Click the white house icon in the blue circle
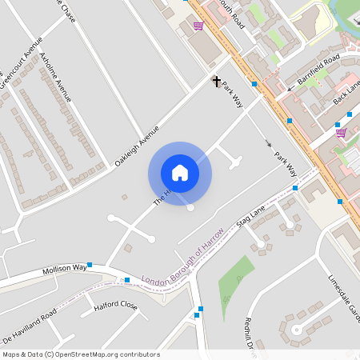point(179,172)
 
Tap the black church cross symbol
point(216,81)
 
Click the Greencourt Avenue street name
point(21,67)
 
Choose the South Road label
point(230,13)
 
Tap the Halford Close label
point(115,306)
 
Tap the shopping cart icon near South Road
point(198,26)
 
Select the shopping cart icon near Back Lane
point(341,132)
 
